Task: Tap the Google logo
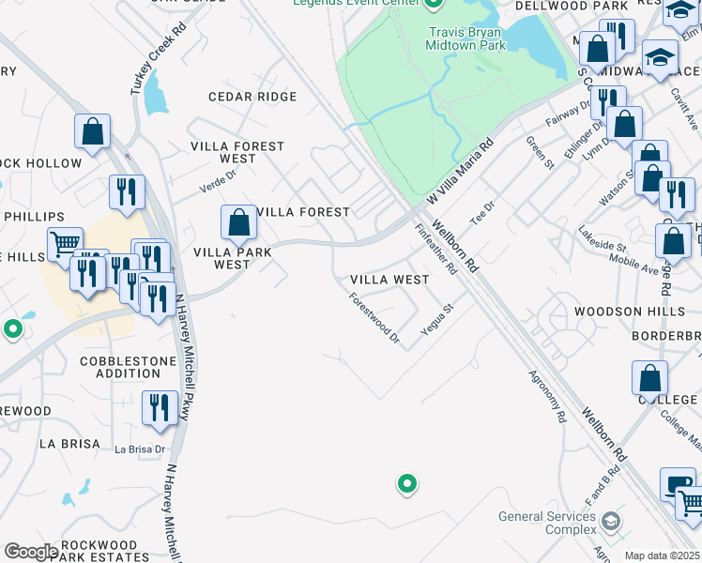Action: (x=31, y=551)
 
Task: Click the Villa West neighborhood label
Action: (x=389, y=280)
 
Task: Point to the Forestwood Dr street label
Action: (x=374, y=318)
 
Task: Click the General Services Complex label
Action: (x=547, y=523)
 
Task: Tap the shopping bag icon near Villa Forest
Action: (x=239, y=223)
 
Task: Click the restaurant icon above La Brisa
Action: (x=159, y=408)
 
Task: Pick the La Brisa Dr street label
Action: (x=140, y=449)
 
